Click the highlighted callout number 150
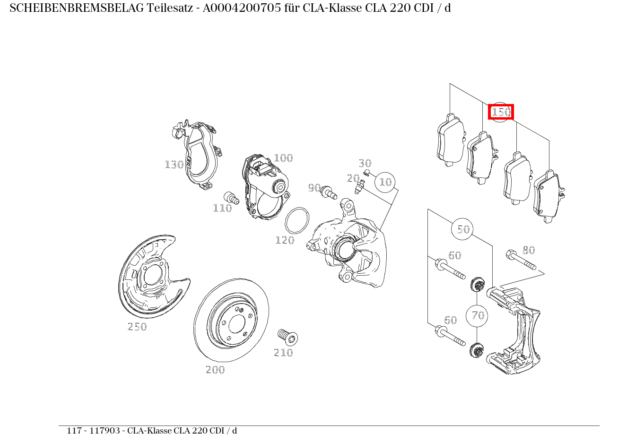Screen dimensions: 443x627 click(501, 112)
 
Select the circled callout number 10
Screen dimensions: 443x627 click(386, 182)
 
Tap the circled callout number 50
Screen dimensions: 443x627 click(463, 229)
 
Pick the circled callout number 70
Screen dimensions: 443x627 click(478, 315)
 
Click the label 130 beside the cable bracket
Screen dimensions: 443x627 click(174, 165)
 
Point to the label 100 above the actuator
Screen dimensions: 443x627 click(283, 158)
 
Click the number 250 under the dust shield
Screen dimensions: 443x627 click(137, 327)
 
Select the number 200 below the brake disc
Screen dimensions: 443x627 click(215, 370)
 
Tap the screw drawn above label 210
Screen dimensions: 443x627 click(287, 337)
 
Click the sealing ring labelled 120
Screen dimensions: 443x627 click(297, 220)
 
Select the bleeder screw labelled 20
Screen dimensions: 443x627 click(360, 187)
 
